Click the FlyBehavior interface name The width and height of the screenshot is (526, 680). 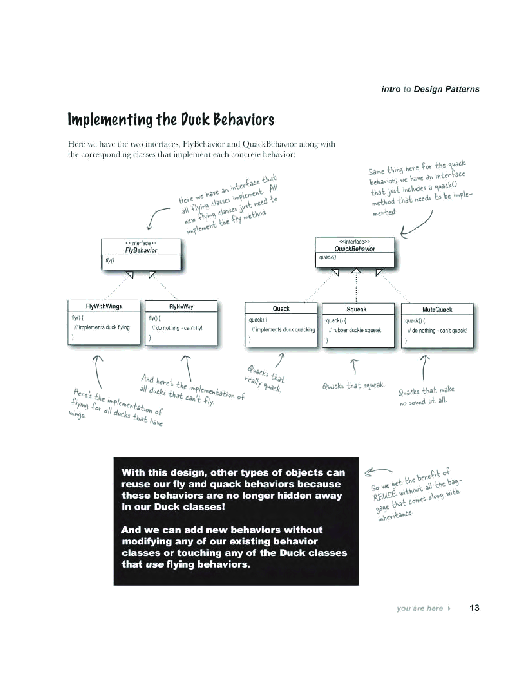coord(141,250)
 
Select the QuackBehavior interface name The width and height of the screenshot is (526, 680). coord(355,249)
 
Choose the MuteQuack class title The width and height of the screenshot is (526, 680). coord(437,310)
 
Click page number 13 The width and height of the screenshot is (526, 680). coord(474,608)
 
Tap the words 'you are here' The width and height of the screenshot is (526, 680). coord(419,608)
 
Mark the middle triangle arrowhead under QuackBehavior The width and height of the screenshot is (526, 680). coord(356,271)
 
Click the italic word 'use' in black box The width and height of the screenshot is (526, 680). coord(154,564)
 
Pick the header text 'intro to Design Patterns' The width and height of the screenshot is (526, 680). coord(430,89)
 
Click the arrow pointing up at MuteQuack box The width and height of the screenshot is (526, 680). coord(424,367)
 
